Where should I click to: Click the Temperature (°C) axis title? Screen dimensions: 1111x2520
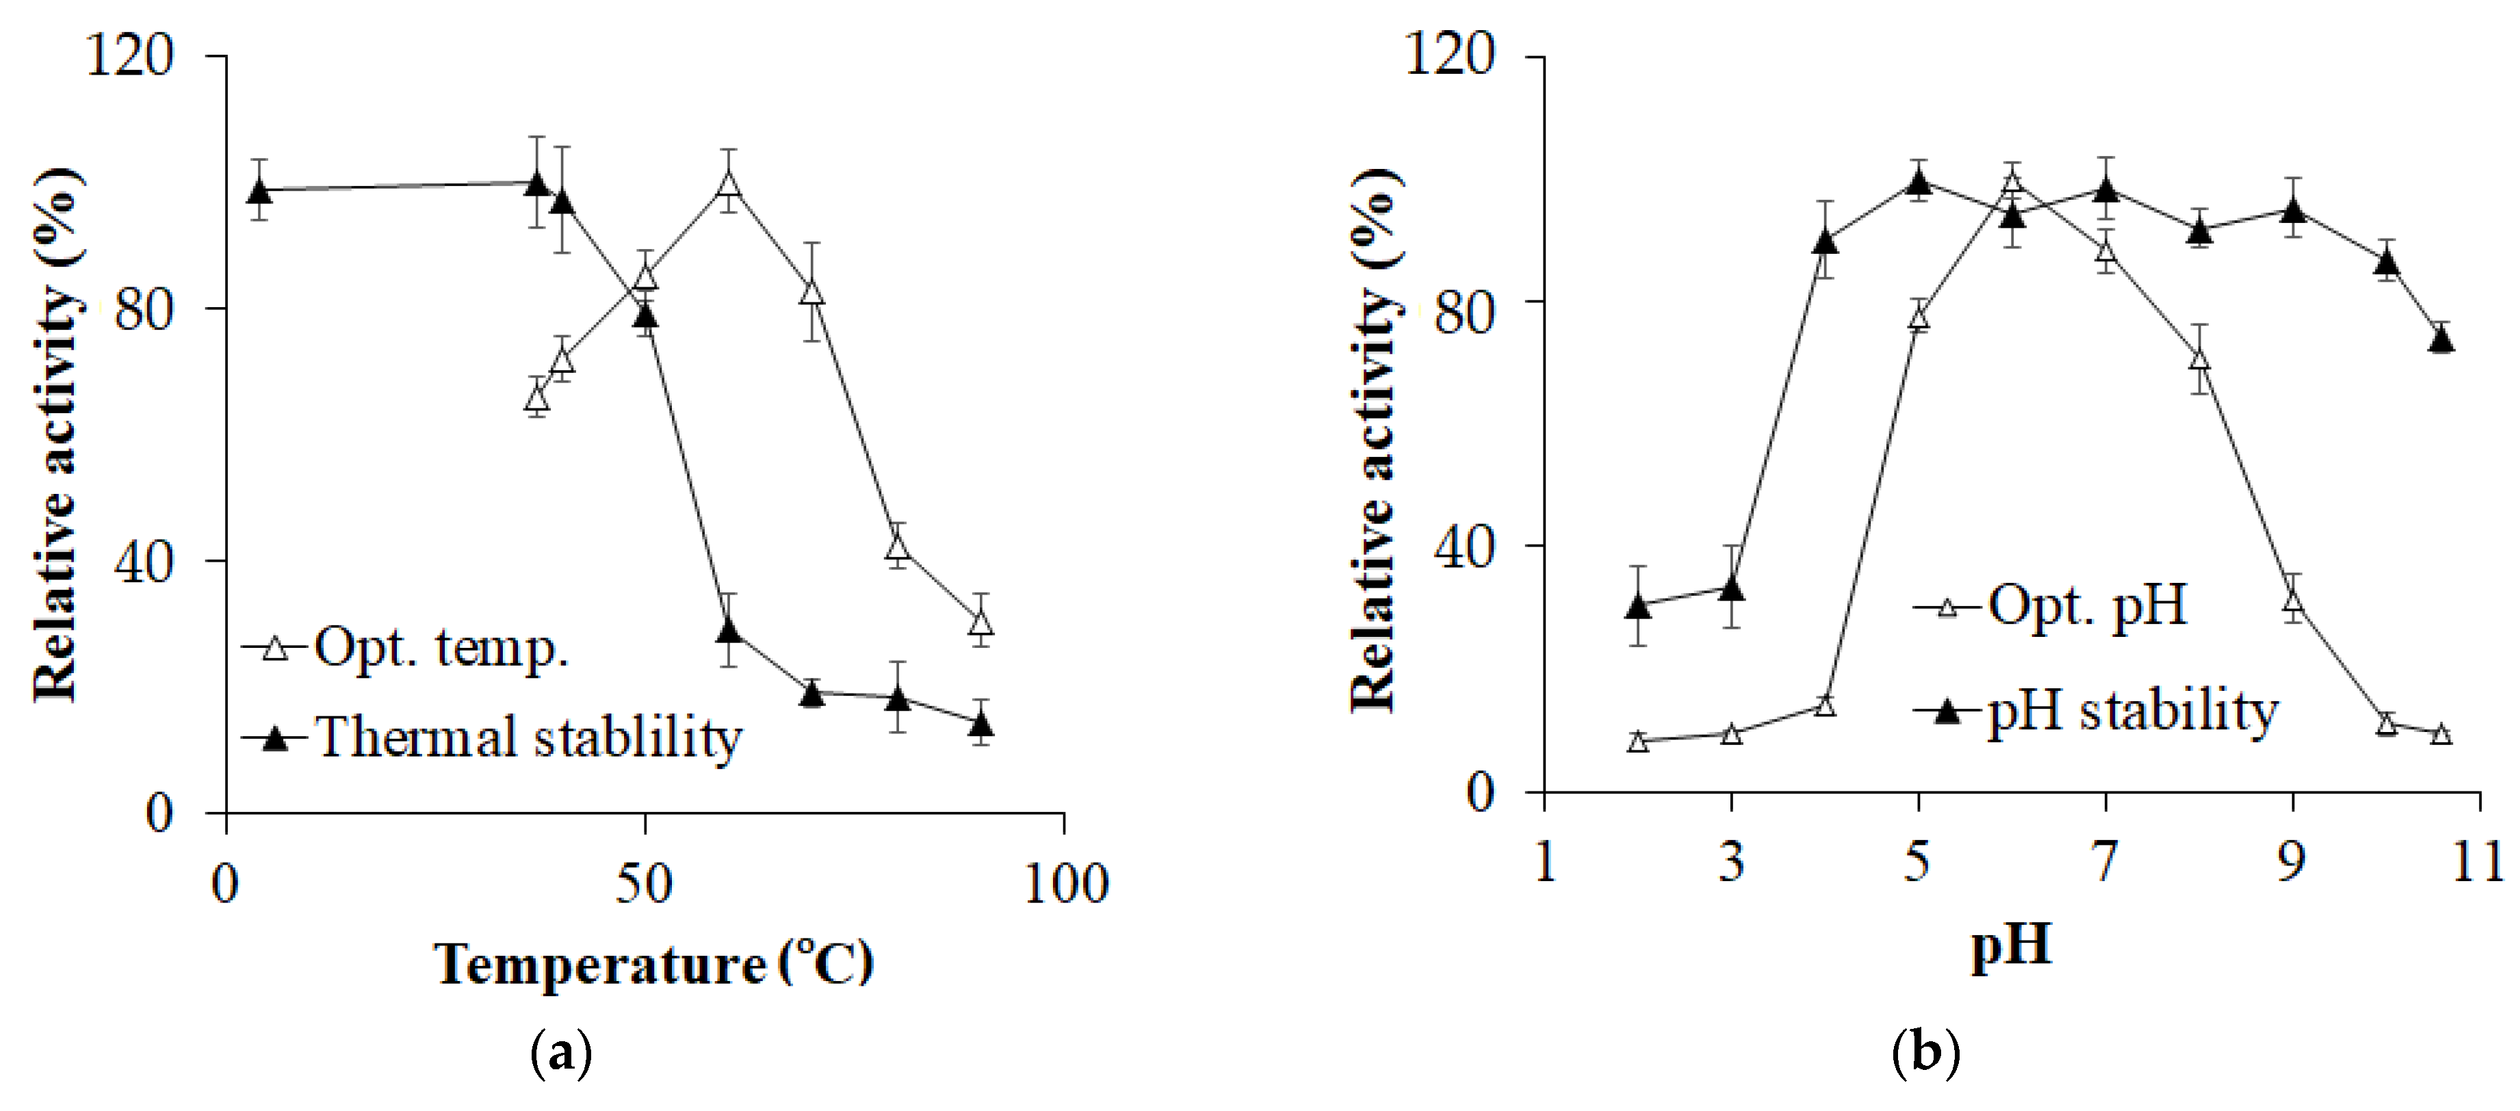653,965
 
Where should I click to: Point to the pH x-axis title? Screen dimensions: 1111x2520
2010,945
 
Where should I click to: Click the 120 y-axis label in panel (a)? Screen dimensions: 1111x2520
129,55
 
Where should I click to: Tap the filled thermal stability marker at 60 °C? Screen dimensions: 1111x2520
728,630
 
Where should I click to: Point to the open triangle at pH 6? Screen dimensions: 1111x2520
2012,181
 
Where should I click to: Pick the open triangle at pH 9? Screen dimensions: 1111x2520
2292,601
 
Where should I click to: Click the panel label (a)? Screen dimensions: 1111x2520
560,1056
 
